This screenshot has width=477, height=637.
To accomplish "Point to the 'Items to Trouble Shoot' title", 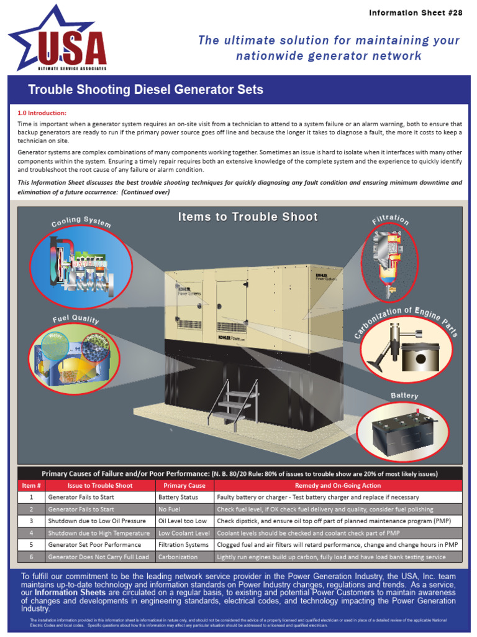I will [x=248, y=217].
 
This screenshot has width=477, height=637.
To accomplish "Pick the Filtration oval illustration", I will [x=389, y=262].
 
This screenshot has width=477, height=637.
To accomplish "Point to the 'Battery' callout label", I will [x=404, y=396].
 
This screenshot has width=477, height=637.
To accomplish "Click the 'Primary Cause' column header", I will [x=184, y=485].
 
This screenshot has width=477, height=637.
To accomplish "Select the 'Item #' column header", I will [x=31, y=485].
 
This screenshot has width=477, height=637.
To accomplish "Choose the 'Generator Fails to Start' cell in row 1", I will [x=81, y=498].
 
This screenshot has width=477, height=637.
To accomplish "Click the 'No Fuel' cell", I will [x=169, y=509].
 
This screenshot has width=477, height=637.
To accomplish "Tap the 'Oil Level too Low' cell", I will [x=182, y=521].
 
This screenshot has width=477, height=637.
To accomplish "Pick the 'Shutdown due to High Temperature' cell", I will [x=98, y=533].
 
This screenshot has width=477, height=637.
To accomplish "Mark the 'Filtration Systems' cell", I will [x=183, y=545].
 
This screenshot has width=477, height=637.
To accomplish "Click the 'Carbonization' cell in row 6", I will [x=178, y=557].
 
